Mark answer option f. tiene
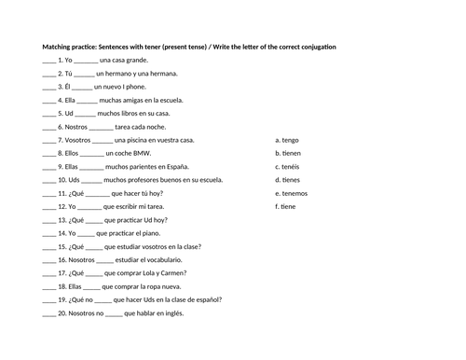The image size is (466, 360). point(285,206)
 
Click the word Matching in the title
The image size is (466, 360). point(59,47)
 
